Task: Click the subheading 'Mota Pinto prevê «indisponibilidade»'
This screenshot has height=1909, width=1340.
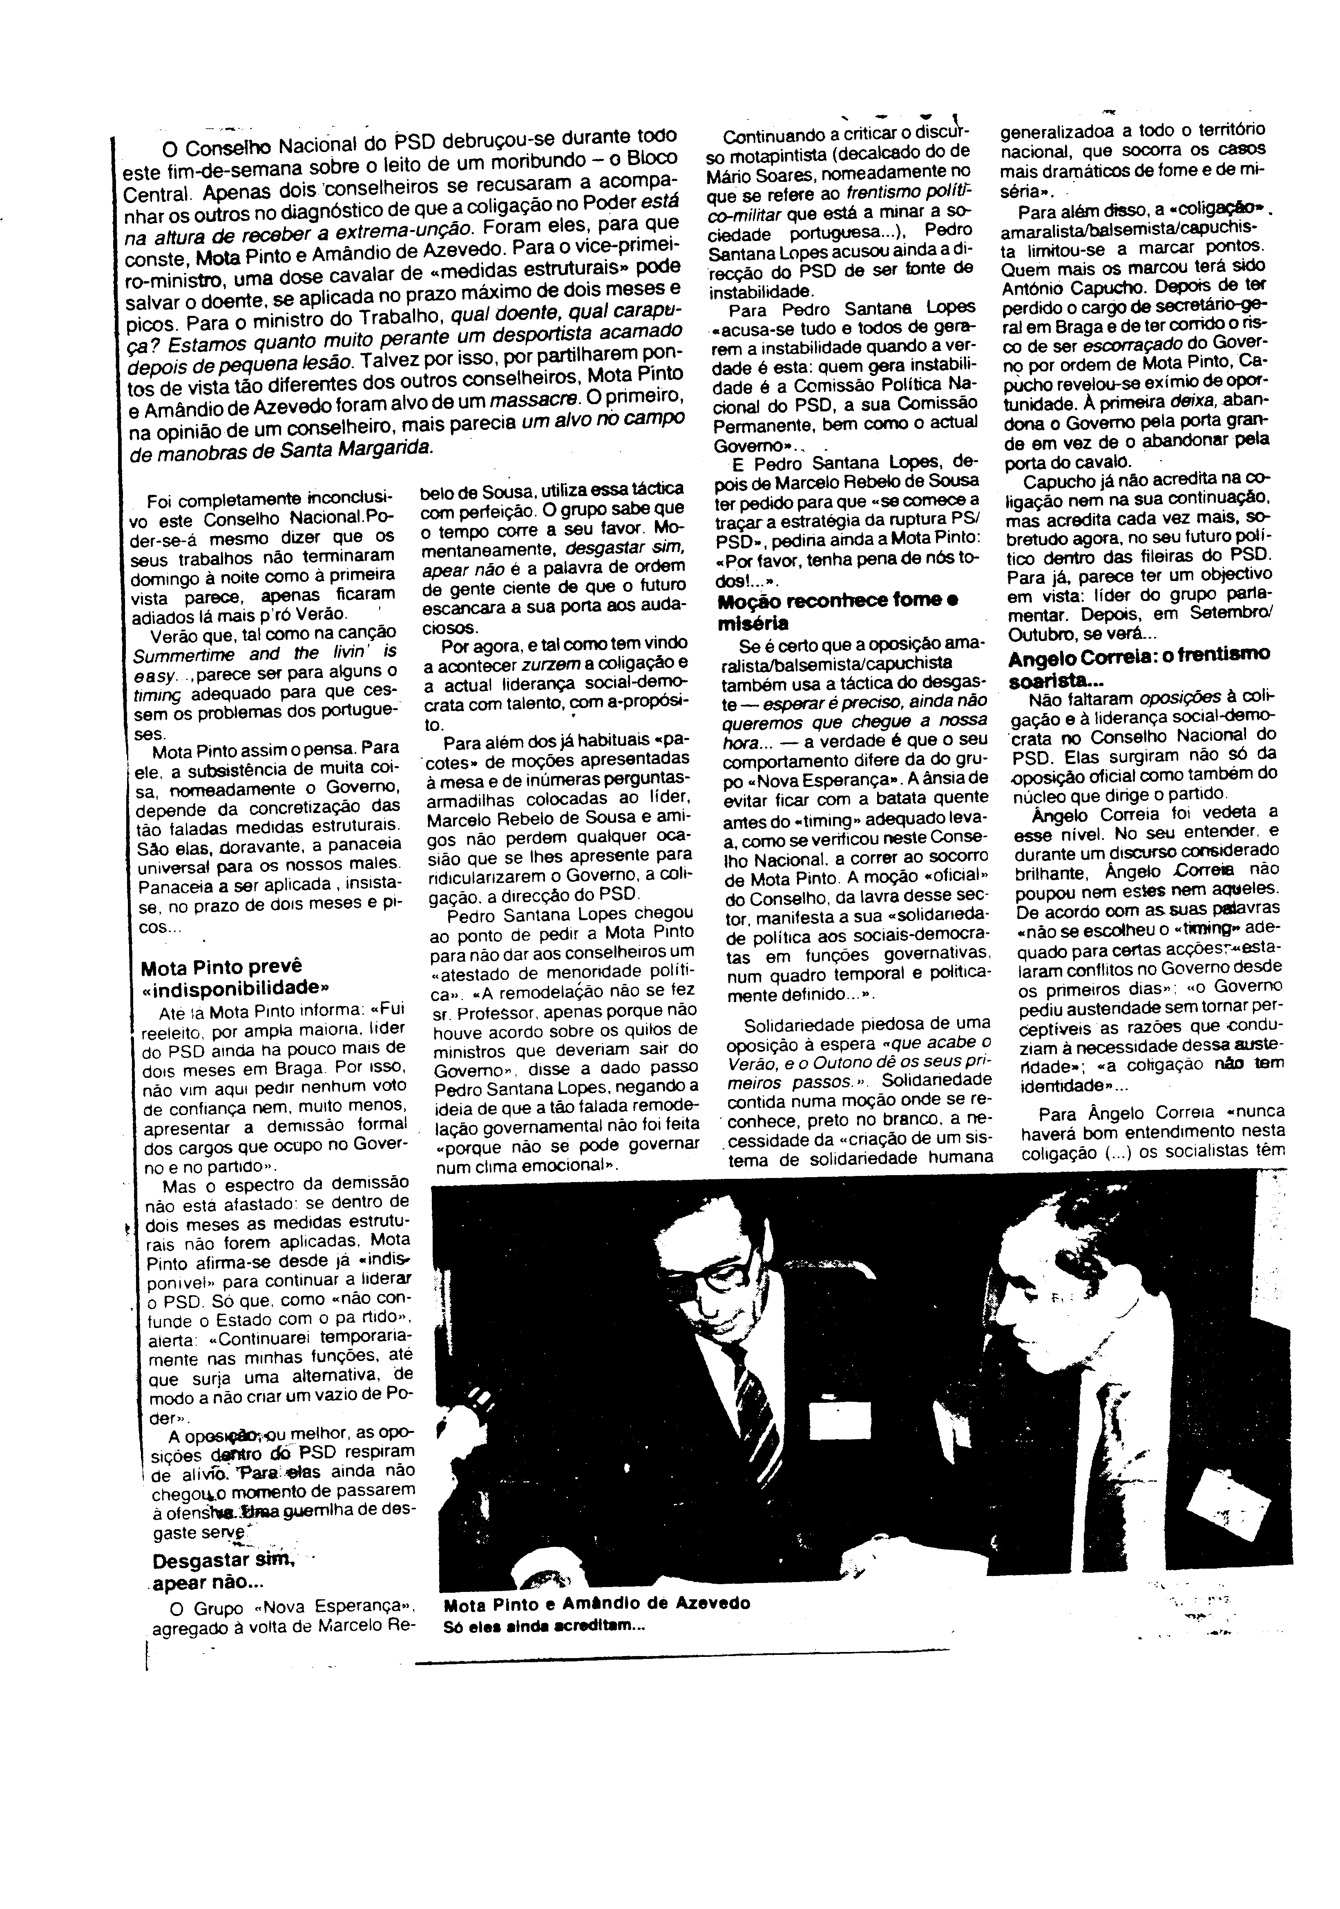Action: tap(235, 978)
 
